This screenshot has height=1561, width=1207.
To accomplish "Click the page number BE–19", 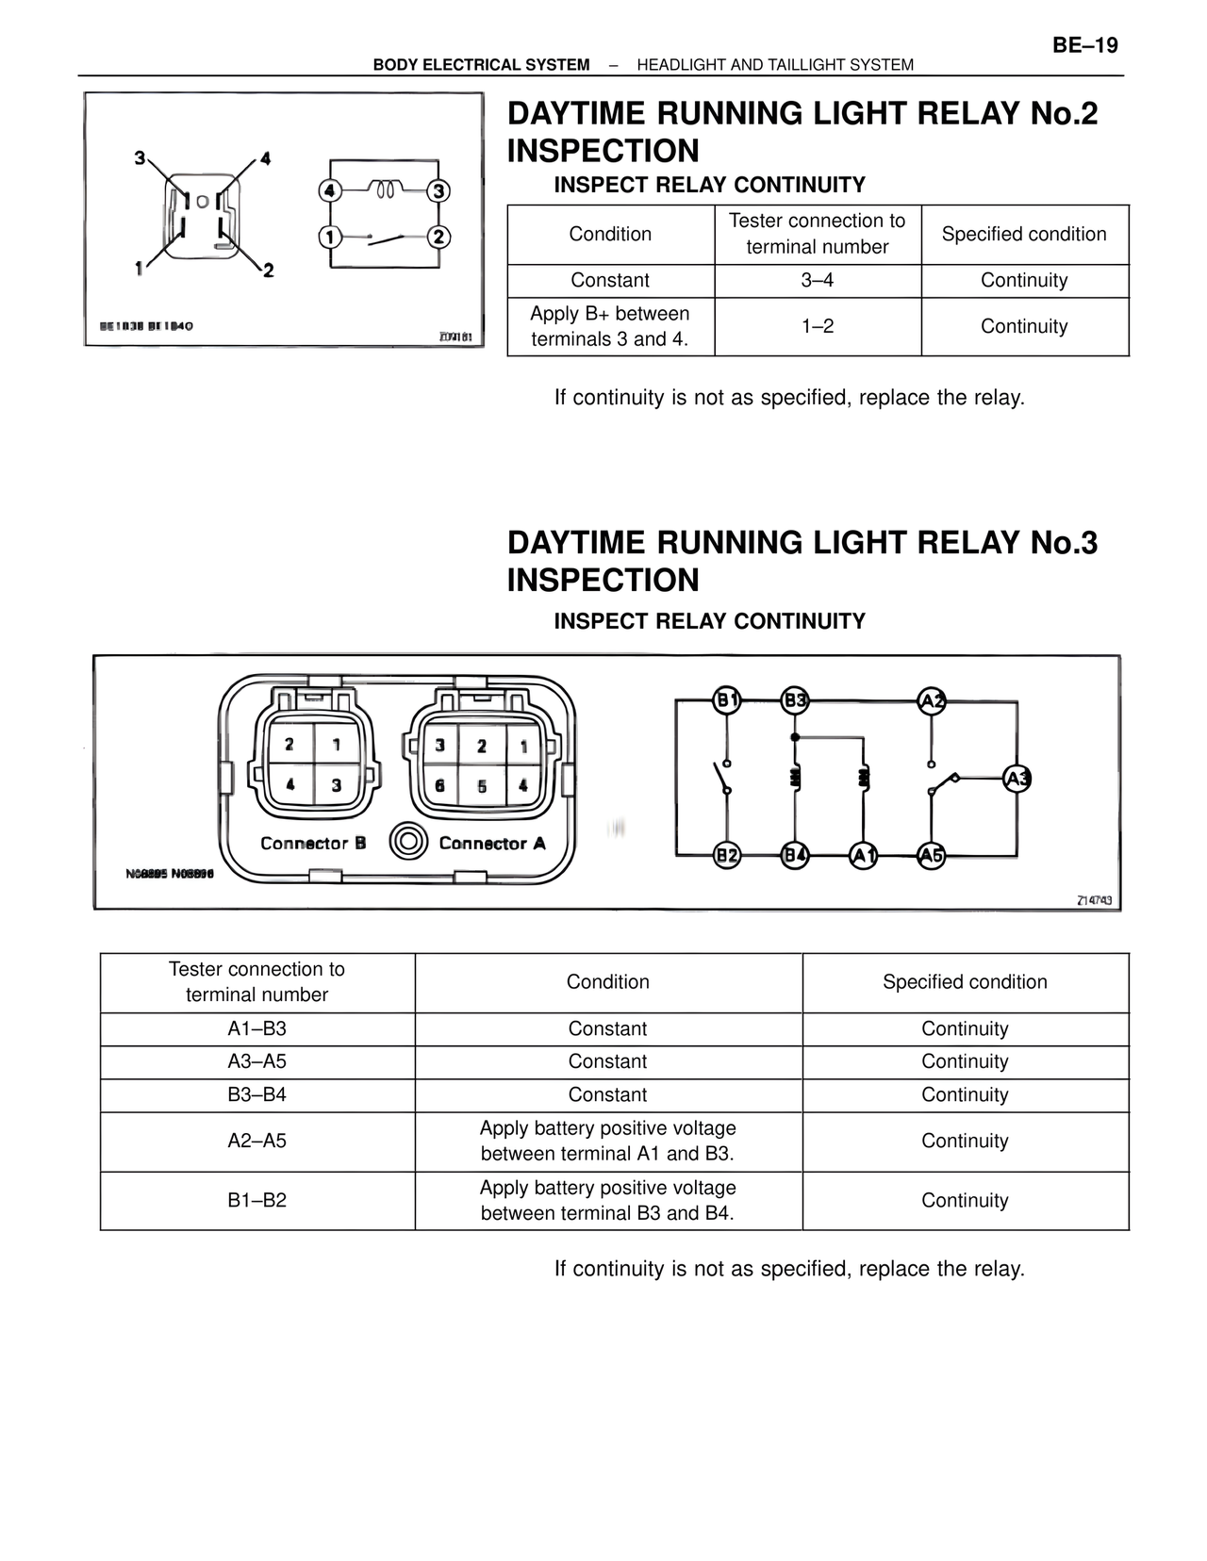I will coord(1084,45).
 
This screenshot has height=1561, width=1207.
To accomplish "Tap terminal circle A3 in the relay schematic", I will coord(1017,779).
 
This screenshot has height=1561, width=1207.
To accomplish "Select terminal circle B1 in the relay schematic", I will coord(726,700).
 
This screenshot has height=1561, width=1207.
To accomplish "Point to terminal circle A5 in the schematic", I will coord(931,855).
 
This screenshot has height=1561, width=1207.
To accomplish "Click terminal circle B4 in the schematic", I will coord(795,855).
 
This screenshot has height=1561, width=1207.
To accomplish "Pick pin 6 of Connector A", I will coord(439,785).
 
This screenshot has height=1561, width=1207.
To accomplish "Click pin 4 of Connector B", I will coord(289,784).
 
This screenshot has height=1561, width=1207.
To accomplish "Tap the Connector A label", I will coord(492,844).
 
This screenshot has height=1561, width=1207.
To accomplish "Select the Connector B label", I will coord(313,844).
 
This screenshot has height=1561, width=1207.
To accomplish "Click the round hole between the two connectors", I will coord(408,841).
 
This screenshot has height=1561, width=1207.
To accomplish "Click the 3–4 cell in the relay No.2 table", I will coord(818,281).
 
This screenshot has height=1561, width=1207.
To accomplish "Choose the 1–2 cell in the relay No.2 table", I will coord(818,326).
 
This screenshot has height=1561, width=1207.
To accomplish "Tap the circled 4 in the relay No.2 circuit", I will coord(329,191).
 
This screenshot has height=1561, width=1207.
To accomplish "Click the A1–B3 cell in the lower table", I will coord(256,1029).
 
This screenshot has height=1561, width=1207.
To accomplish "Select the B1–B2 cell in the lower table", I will coord(256,1201).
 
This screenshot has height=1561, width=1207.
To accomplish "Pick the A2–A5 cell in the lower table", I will coord(256,1142).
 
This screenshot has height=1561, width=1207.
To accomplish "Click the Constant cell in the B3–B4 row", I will coord(607,1095).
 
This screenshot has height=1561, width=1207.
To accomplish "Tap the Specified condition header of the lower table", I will coord(965,982).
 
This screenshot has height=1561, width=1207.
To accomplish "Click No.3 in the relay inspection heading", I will coord(1064,543).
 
